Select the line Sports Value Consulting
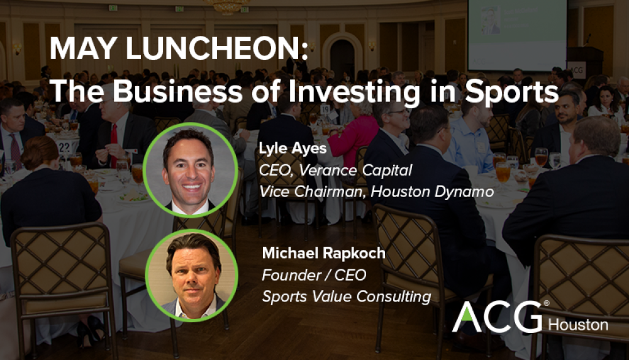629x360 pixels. coord(346,296)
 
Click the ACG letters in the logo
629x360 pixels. coord(496,317)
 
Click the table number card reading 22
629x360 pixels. coord(65,147)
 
